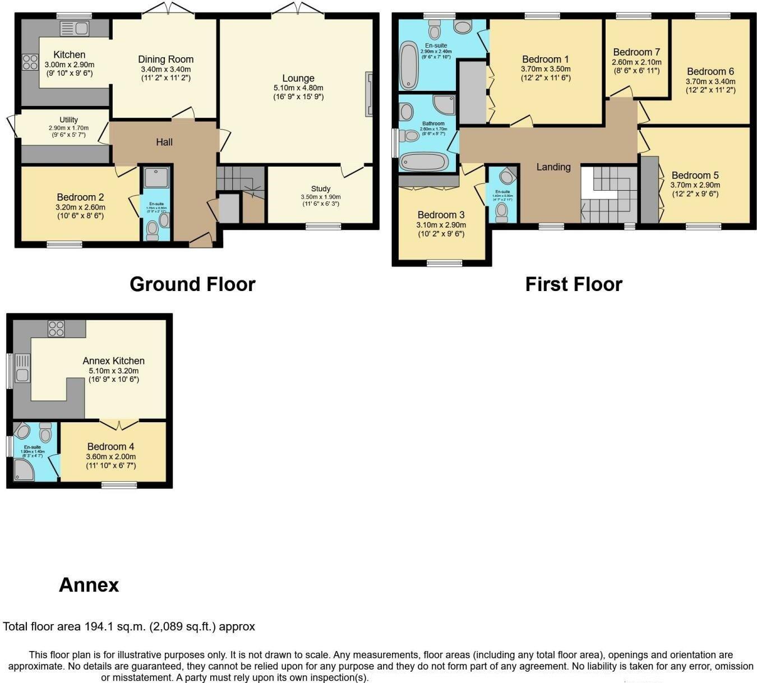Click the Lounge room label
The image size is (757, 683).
[298, 79]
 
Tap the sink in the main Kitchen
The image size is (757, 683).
[74, 28]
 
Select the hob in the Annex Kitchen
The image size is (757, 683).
[56, 328]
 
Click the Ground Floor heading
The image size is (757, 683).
[192, 284]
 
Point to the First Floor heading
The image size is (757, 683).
[574, 284]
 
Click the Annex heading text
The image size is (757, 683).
[89, 585]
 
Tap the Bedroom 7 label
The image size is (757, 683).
[636, 52]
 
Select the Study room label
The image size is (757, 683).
[321, 189]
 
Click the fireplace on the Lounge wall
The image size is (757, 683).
[368, 94]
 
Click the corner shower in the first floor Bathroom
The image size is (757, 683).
[445, 104]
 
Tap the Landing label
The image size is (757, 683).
[553, 167]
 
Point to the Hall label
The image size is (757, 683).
[164, 142]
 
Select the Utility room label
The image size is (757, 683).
[68, 120]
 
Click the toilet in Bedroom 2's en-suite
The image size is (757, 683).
[152, 230]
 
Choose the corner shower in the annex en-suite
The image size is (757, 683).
[24, 470]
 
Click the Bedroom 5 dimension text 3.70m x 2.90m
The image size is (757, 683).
[695, 185]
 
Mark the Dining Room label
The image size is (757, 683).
[166, 59]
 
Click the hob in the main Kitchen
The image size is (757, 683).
[30, 62]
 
